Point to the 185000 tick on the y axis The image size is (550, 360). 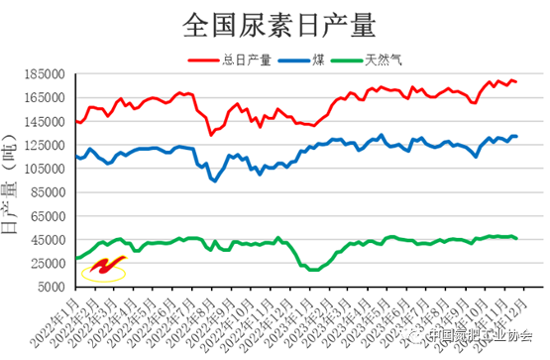tap(49, 74)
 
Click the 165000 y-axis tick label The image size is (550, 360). tap(49, 98)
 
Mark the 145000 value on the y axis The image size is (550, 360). tap(49, 122)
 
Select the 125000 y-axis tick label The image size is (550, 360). tap(49, 146)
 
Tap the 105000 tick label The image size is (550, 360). tap(49, 170)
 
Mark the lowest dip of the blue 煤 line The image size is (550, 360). tap(214, 180)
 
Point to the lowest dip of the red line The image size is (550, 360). tap(210, 134)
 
